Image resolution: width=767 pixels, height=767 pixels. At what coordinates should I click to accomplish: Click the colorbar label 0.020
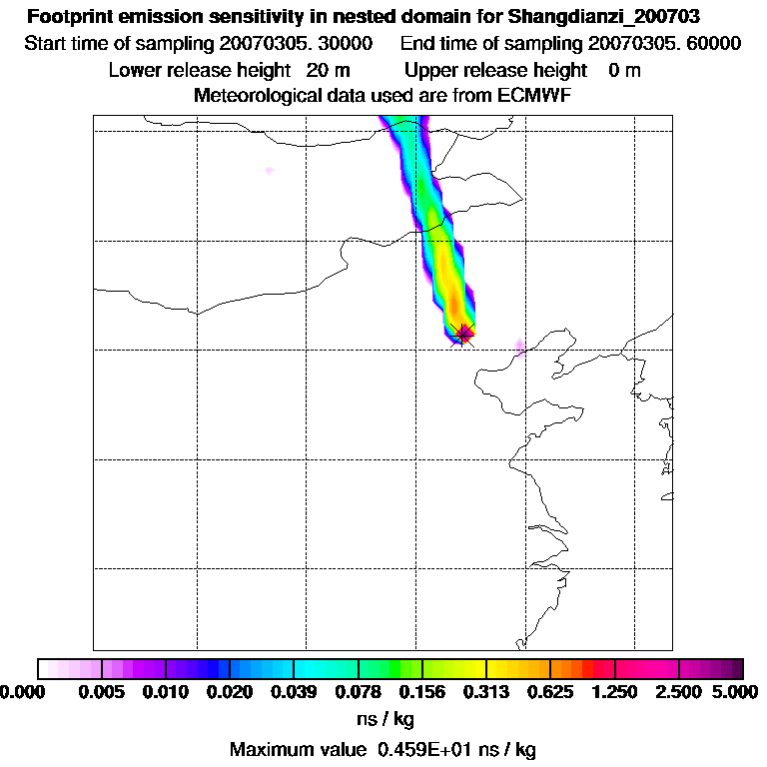(230, 693)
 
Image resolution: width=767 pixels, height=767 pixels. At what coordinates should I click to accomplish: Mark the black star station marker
(463, 335)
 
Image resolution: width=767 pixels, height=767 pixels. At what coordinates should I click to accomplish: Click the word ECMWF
(533, 95)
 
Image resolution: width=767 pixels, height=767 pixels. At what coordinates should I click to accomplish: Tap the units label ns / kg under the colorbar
(384, 719)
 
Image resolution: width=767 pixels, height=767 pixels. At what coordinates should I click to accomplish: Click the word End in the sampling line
(417, 43)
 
